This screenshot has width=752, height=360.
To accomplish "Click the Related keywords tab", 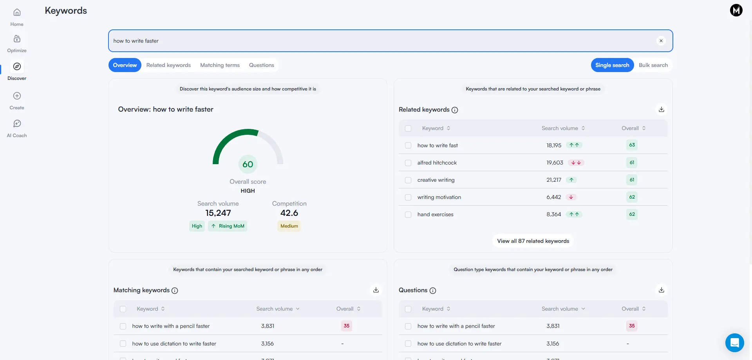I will coord(168,65).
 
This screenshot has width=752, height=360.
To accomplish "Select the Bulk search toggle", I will coord(653,65).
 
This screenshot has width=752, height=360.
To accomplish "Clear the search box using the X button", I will coord(661,41).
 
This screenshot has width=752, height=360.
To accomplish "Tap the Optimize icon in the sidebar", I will coord(17,39).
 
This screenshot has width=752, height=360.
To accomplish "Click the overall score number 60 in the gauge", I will coord(248,164).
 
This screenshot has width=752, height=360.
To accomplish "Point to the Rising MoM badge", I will coord(228,226).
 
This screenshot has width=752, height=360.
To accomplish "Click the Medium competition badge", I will coord(289,226).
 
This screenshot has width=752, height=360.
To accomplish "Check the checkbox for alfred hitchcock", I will coord(408,163).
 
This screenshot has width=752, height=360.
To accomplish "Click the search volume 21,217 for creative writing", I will coord(554,180).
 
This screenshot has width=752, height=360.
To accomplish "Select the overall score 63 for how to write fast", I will coord(632,145).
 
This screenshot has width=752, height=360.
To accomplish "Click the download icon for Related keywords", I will coord(661,109).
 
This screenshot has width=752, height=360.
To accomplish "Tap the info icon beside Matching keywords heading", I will coord(175,291).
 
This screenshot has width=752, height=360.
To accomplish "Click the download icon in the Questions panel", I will coord(661,290).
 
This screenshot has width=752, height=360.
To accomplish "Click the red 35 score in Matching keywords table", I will coord(346,326).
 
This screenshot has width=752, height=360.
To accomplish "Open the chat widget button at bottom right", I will coord(734,343).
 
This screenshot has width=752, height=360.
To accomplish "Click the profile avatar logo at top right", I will coord(736,10).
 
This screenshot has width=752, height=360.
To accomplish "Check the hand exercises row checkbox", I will coord(408,215).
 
